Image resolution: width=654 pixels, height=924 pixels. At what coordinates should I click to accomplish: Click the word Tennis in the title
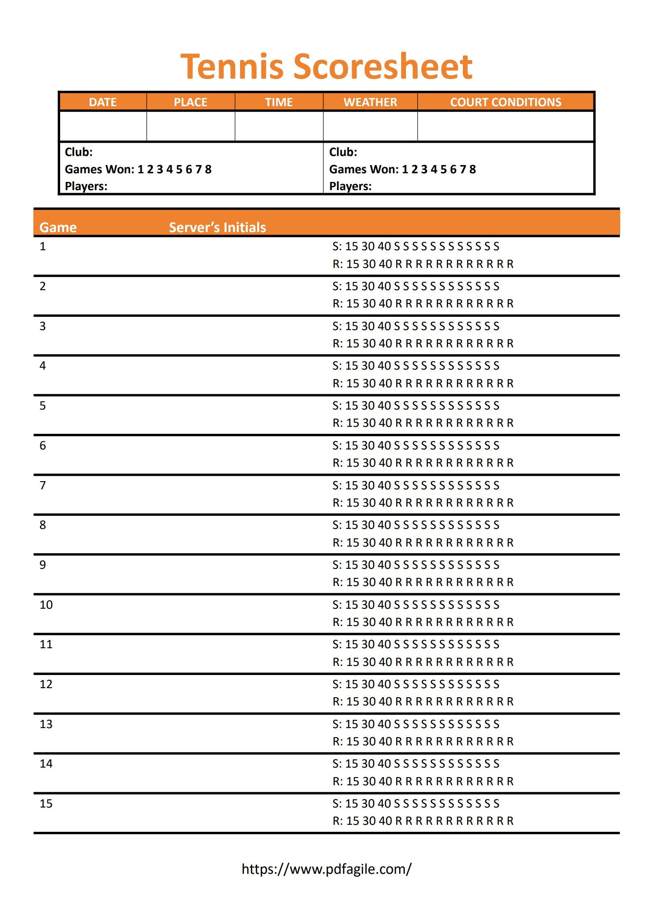[232, 67]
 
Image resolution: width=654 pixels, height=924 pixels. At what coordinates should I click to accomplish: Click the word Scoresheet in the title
[383, 67]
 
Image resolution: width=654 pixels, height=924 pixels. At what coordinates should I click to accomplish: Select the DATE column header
[103, 102]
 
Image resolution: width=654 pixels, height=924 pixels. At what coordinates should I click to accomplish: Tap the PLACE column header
[190, 102]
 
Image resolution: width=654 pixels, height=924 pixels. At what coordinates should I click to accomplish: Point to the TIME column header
[279, 102]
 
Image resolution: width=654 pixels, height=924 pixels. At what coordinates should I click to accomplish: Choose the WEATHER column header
[370, 102]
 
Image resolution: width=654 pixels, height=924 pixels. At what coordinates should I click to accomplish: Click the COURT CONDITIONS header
[505, 102]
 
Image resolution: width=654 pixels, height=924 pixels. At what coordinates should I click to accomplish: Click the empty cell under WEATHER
[370, 126]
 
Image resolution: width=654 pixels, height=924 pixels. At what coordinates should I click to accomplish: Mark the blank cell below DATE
[103, 126]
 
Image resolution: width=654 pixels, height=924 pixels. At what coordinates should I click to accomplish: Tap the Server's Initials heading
[217, 227]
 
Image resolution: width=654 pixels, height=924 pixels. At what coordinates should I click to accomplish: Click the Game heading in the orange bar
[58, 227]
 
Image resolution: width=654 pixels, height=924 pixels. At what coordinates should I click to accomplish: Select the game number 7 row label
[43, 485]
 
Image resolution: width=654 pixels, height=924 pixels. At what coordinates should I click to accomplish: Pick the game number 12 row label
[46, 684]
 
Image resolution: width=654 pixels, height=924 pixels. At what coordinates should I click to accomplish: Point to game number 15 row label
[46, 803]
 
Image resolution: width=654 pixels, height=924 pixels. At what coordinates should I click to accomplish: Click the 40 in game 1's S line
[384, 246]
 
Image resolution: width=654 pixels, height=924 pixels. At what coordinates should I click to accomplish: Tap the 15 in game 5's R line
[353, 423]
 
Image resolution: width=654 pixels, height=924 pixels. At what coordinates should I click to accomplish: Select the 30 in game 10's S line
[368, 605]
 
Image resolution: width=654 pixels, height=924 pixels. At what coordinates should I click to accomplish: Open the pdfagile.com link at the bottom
[327, 869]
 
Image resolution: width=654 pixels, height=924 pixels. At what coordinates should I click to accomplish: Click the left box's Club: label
[79, 152]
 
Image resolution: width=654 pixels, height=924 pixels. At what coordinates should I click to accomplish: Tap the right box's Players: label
[350, 186]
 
